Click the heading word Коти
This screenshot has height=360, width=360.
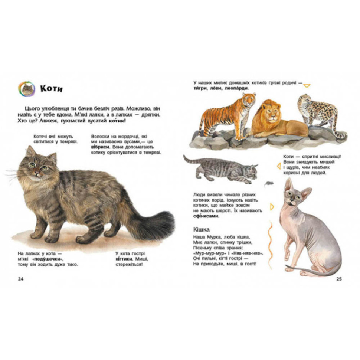51,89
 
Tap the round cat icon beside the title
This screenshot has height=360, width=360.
27,89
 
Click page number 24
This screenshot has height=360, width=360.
21,279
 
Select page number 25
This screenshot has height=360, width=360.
339,279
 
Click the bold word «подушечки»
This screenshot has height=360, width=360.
48,259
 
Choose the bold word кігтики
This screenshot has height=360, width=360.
124,259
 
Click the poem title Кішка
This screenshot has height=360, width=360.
202,229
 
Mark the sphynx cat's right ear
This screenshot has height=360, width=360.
307,193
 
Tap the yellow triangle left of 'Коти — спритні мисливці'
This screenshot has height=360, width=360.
279,166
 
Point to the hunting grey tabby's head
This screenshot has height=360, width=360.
252,171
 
